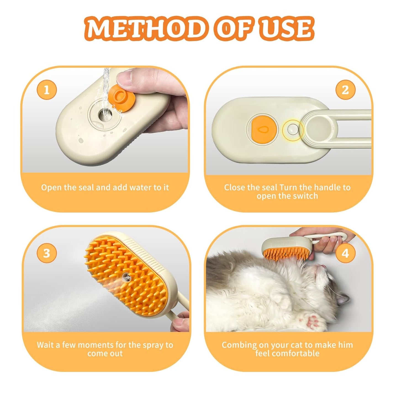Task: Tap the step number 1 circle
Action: click(47, 90)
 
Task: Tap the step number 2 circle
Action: click(345, 90)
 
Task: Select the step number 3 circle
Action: click(47, 253)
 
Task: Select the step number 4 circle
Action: click(345, 253)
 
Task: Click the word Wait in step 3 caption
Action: click(45, 345)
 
